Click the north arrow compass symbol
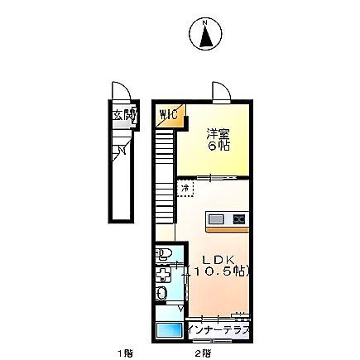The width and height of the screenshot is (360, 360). (x=204, y=34)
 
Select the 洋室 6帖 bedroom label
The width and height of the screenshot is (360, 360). (x=218, y=138)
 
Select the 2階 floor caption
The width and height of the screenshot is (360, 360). (x=203, y=353)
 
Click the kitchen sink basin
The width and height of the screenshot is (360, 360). (x=217, y=219)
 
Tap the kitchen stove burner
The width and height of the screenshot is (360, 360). (x=238, y=219)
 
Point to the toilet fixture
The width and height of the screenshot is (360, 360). (x=163, y=253)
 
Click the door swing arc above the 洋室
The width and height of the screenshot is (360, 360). (x=221, y=91)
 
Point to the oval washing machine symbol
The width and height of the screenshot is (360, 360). (x=163, y=294)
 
